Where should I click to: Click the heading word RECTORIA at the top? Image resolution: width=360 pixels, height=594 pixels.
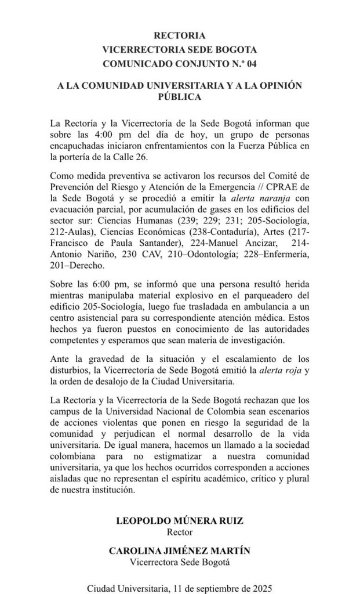click(180, 36)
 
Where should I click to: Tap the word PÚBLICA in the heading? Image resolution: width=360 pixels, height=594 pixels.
click(180, 97)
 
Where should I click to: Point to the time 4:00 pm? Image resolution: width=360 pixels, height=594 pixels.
click(110, 134)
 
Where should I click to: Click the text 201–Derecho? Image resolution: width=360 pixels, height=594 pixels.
click(76, 266)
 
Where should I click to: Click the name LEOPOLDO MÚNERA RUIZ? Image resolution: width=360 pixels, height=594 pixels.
click(180, 521)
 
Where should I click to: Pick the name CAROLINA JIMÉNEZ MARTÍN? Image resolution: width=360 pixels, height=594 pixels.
click(180, 551)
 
